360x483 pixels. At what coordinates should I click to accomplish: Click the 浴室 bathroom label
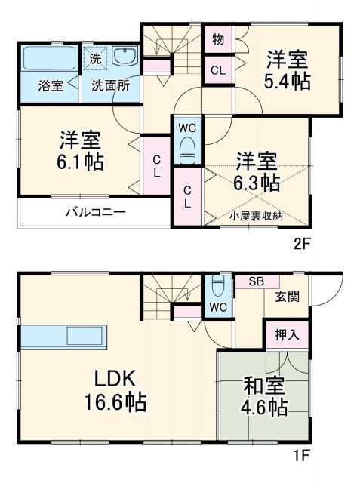click(x=51, y=85)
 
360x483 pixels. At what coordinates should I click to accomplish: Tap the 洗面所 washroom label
click(x=110, y=85)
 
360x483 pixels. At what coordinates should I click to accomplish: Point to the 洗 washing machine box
click(x=96, y=57)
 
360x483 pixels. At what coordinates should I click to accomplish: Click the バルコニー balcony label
click(x=95, y=213)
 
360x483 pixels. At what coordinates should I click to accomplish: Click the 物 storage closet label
click(x=217, y=38)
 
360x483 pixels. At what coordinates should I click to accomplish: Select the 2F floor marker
click(x=302, y=244)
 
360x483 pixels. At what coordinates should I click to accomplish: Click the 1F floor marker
click(x=302, y=456)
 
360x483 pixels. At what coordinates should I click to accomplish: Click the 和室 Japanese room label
click(x=263, y=386)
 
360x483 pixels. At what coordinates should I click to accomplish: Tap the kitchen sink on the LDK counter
click(x=87, y=337)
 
